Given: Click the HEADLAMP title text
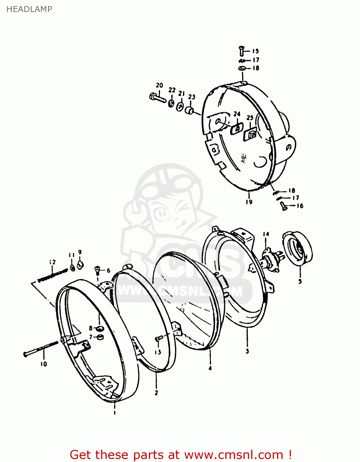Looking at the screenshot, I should pyautogui.click(x=29, y=9).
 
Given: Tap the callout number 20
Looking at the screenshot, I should pyautogui.click(x=159, y=85).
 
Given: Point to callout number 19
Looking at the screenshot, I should pyautogui.click(x=249, y=202).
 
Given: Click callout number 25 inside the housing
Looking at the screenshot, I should pyautogui.click(x=250, y=118).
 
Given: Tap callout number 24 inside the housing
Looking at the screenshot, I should pyautogui.click(x=237, y=114).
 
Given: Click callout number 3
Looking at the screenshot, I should pyautogui.click(x=247, y=351).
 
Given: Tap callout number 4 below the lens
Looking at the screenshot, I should pyautogui.click(x=210, y=368).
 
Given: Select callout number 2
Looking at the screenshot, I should pyautogui.click(x=156, y=393).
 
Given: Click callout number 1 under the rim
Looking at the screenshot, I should pyautogui.click(x=114, y=413).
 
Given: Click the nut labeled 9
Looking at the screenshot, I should pyautogui.click(x=80, y=264).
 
